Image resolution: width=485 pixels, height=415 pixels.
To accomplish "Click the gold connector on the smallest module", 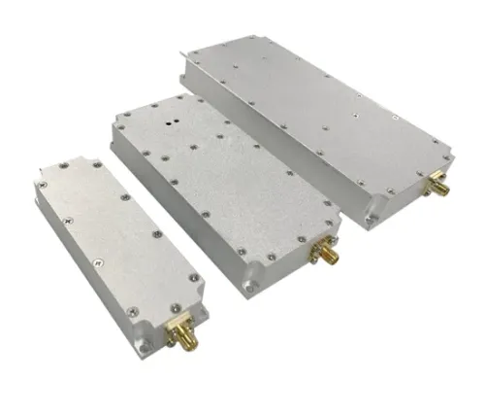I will click(180, 335).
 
